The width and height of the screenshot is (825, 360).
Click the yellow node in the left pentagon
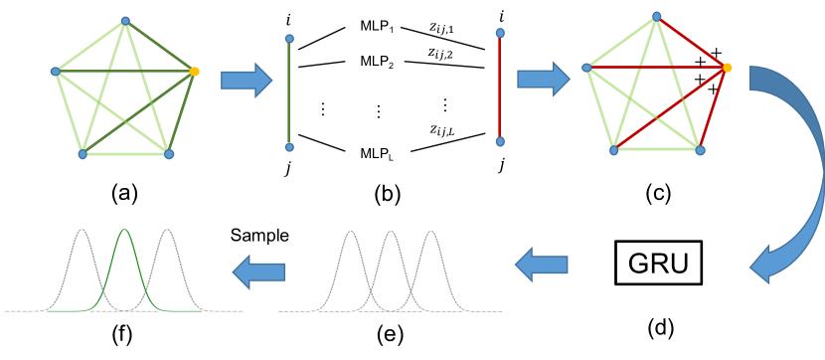point(194,72)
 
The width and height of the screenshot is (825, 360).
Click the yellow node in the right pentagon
point(727,68)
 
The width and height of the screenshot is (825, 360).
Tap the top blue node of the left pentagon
point(125,20)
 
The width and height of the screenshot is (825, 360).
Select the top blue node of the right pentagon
point(656,16)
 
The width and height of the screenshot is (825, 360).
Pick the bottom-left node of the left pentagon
point(82,154)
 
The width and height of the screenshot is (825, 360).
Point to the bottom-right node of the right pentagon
point(700,150)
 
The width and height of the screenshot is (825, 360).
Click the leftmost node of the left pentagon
point(56,72)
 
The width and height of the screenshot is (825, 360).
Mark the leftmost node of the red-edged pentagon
point(586,68)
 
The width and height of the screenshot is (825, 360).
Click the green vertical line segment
point(289,94)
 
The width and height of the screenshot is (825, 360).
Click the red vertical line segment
point(500,88)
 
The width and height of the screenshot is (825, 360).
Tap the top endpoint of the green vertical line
point(289,39)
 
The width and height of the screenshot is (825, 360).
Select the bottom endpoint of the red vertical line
point(500,141)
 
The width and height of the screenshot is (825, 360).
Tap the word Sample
point(259,236)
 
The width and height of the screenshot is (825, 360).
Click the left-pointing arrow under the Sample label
point(259,271)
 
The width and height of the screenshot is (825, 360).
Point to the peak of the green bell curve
point(124,231)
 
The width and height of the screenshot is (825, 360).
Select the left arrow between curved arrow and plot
point(542,265)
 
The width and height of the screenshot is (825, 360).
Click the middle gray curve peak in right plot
point(391,233)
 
